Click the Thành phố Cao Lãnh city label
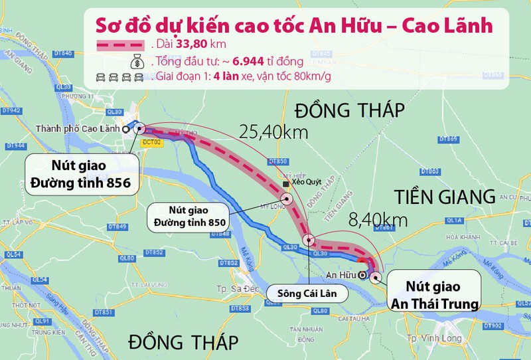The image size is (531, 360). click(83, 130)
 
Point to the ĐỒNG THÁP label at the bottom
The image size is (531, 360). click(183, 343)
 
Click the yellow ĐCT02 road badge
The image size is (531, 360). click(153, 141)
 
